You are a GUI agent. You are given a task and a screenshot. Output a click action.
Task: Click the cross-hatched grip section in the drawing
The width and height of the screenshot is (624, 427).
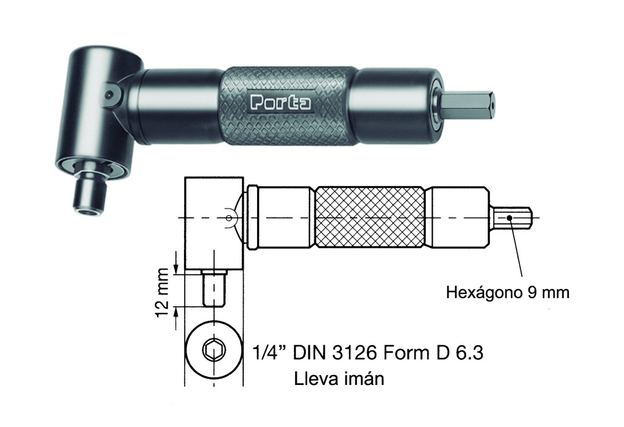pyautogui.click(x=370, y=217)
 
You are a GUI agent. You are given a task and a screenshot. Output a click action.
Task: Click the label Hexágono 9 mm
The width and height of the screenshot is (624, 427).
pyautogui.click(x=508, y=292)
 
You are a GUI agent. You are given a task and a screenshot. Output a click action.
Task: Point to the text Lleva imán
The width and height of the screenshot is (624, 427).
pyautogui.click(x=339, y=379)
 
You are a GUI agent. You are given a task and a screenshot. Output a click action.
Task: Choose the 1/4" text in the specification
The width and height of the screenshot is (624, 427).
pyautogui.click(x=269, y=353)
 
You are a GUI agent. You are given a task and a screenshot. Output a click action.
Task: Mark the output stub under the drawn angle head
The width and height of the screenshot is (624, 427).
pyautogui.click(x=214, y=289)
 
